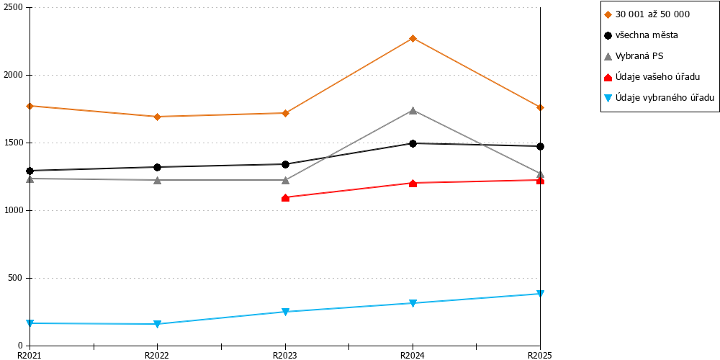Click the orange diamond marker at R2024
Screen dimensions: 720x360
pos(413,39)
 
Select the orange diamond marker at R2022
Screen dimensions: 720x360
pos(157,117)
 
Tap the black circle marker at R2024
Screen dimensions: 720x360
pos(413,144)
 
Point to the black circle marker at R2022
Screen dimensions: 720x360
pos(157,167)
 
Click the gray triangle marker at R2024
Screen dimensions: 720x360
pos(413,110)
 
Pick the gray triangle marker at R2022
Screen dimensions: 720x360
pos(157,181)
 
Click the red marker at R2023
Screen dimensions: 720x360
pos(285,198)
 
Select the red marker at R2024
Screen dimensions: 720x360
pos(413,184)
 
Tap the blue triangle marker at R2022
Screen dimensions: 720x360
pos(157,324)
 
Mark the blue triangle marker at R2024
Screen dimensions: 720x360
pos(413,303)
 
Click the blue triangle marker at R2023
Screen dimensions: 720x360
pos(285,312)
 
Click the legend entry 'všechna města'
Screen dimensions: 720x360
pos(641,35)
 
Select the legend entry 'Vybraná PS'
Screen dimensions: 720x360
pos(634,56)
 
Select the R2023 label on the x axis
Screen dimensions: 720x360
pos(285,355)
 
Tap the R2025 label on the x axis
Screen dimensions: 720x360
pos(540,355)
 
